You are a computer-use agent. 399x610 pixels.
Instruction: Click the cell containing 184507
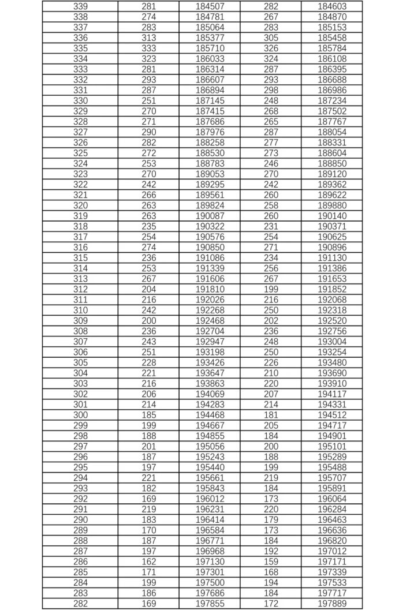pos(210,6)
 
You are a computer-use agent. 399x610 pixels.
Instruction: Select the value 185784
pos(332,48)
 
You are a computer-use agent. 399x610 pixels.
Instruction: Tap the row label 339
pos(80,6)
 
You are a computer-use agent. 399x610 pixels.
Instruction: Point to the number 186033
pos(210,59)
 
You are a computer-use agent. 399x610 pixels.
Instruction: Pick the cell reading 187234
pos(332,101)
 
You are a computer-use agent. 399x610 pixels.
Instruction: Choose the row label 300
pos(80,415)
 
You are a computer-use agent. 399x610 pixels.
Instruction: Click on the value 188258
pos(210,143)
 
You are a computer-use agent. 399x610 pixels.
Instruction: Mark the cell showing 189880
pos(332,205)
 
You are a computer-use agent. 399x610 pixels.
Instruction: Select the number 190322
pos(210,226)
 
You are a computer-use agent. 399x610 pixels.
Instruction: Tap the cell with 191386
pos(332,268)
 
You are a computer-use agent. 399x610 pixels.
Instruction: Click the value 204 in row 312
pos(148,289)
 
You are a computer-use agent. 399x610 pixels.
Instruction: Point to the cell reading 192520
pos(332,321)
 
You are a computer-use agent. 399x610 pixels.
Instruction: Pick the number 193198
pos(210,352)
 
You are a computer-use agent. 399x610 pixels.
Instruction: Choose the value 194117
pos(332,394)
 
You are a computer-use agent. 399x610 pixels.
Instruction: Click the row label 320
pos(80,205)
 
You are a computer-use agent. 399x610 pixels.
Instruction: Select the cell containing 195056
pos(210,446)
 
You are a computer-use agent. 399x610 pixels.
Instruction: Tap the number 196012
pos(210,499)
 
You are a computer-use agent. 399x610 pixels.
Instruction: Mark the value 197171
pos(332,562)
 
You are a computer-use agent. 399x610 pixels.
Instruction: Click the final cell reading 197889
pos(332,604)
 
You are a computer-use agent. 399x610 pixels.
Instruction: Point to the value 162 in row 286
pos(148,562)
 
